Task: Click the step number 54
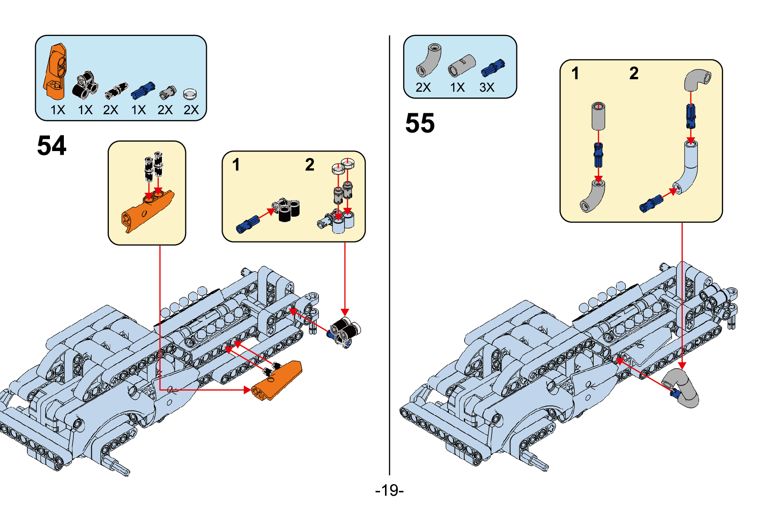(51, 146)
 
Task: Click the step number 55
(420, 123)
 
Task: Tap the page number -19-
(389, 490)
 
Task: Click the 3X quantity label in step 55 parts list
(487, 87)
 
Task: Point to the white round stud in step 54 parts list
(190, 94)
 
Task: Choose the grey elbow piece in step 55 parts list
(429, 60)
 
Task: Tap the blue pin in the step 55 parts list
(493, 67)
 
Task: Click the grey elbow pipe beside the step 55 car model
(683, 388)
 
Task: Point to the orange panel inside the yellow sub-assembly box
(146, 211)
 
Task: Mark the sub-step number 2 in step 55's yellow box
(634, 73)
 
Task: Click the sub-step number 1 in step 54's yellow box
(236, 165)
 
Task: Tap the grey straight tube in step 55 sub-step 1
(598, 116)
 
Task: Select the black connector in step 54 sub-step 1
(287, 210)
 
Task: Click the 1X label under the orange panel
(58, 110)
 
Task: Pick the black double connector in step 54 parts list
(85, 85)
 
